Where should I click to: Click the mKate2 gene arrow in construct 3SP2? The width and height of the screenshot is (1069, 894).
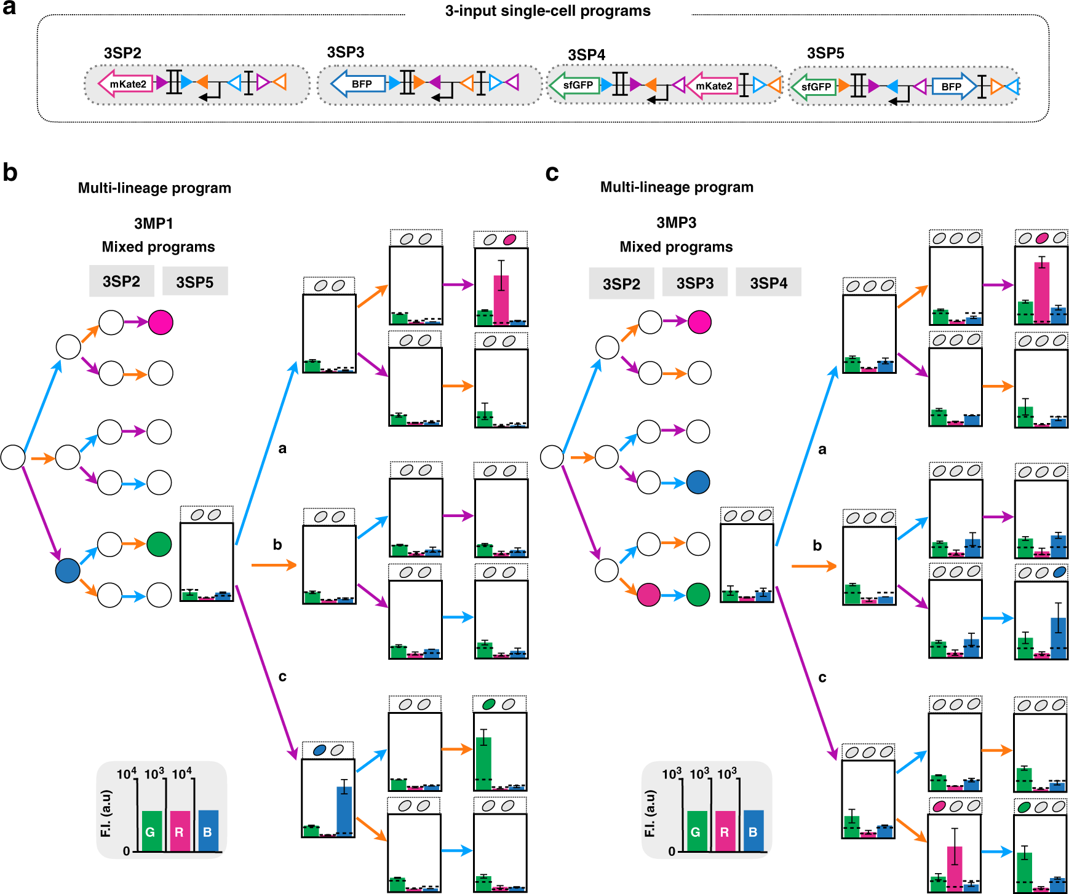pos(127,84)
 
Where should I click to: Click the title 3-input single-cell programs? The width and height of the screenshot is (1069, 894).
pos(547,11)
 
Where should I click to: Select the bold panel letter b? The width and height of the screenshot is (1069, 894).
pos(10,173)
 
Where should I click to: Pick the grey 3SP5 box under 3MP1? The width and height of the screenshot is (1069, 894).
pos(195,282)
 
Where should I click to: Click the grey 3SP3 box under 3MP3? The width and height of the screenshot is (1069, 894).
pos(695,283)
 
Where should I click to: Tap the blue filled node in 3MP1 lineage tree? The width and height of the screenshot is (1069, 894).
pos(68,570)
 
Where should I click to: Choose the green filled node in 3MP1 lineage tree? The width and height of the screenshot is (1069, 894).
pos(159,544)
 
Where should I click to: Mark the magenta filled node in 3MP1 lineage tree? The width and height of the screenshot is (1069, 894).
pos(161,322)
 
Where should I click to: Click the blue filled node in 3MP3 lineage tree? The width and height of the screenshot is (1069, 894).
pos(698,483)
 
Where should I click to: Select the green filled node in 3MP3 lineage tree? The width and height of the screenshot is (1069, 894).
pos(698,595)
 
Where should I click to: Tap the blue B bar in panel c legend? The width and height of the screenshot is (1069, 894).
pos(753,831)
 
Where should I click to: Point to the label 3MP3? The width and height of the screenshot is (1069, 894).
pos(676,223)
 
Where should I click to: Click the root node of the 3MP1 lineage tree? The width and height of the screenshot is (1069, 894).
pos(13,457)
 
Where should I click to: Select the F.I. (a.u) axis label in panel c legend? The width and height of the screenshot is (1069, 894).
pos(650,813)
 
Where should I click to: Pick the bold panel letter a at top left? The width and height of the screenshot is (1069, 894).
pos(9,9)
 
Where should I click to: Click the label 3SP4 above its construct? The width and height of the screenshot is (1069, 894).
pos(586,55)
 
